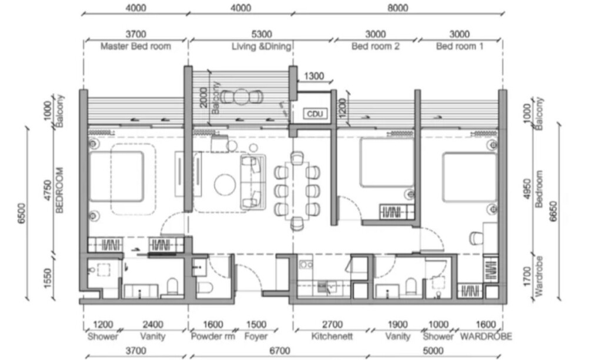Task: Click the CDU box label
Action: [x=315, y=114]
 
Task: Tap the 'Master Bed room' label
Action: [x=136, y=46]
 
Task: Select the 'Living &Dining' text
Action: [x=261, y=46]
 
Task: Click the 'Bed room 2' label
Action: [x=375, y=46]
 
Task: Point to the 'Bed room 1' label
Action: [x=460, y=46]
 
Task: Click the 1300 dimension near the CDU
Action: [x=314, y=76]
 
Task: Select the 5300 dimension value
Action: [x=262, y=34]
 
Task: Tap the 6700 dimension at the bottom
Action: [x=279, y=351]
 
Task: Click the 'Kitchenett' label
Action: [x=332, y=336]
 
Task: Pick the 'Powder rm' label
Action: [x=213, y=336]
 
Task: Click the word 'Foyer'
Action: [x=256, y=337]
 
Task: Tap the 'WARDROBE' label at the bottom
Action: [x=486, y=336]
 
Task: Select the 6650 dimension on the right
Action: [x=553, y=211]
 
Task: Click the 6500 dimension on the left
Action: [x=22, y=213]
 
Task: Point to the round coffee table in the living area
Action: [x=225, y=185]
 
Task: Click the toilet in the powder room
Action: [x=205, y=287]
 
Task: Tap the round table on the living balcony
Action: [x=242, y=97]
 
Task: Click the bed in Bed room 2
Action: [x=387, y=162]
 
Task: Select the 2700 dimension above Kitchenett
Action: [x=332, y=325]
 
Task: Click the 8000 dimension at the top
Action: [x=397, y=8]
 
